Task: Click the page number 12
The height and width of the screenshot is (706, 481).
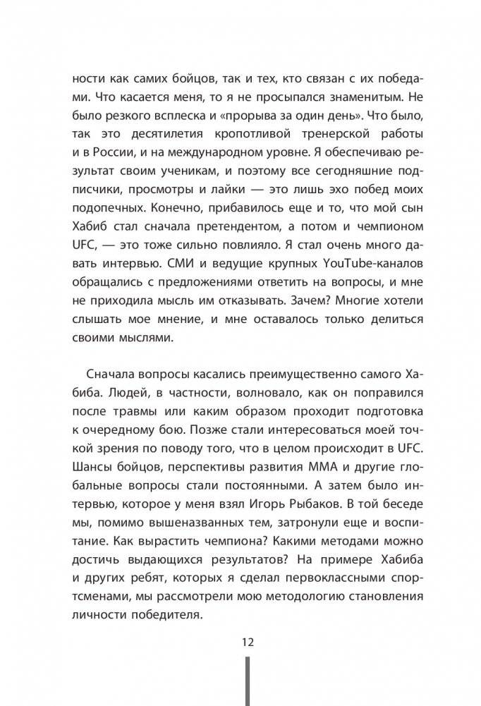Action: [247, 642]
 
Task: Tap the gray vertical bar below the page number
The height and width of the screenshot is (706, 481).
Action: [247, 681]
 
